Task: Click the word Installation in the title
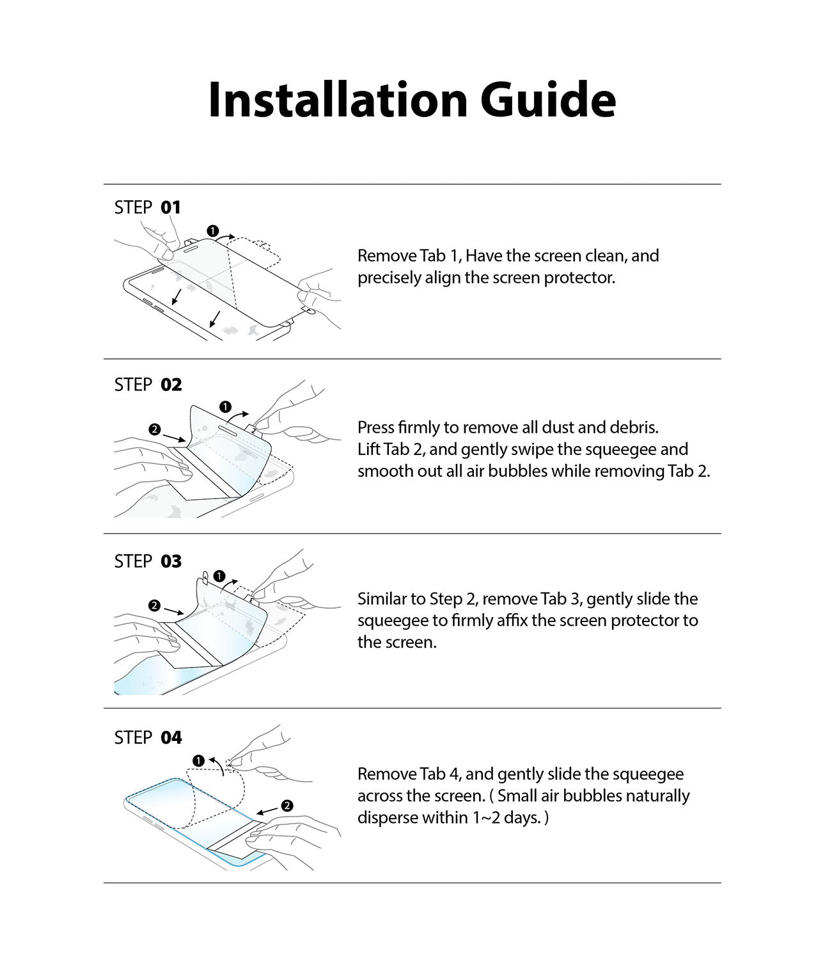coord(338,100)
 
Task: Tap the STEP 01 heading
coord(148,207)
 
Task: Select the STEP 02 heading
coord(148,385)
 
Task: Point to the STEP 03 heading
coord(148,561)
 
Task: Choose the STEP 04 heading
coord(148,738)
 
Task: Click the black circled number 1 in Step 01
coord(213,230)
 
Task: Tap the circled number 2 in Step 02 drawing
coord(154,429)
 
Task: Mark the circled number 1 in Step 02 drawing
coord(225,406)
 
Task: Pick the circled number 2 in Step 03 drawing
coord(154,605)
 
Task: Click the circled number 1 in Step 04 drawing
coord(199,760)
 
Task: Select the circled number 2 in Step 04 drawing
coord(287,806)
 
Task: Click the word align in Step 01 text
coord(443,278)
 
